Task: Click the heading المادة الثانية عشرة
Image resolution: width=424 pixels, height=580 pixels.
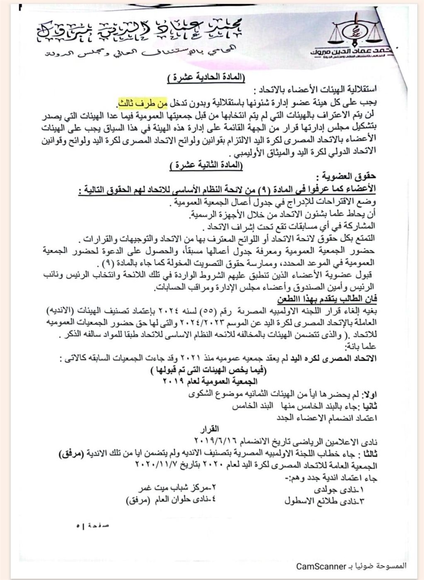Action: tap(207, 166)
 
